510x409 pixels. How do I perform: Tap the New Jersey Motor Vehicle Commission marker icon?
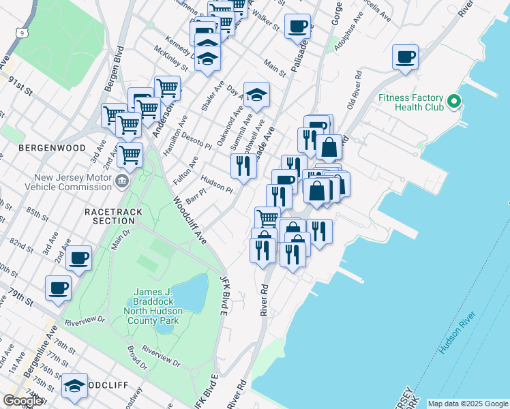tap(122, 181)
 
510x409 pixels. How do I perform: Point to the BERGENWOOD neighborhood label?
tap(52, 148)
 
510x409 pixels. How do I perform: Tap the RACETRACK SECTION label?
tap(114, 216)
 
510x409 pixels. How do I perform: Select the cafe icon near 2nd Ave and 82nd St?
tap(79, 258)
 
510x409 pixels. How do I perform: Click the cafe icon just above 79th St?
tap(59, 287)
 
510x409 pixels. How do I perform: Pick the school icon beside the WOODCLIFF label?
tap(74, 386)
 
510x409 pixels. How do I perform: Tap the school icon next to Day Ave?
tap(256, 95)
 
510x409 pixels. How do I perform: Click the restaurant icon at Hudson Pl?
tap(244, 165)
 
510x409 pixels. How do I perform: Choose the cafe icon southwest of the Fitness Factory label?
tap(405, 57)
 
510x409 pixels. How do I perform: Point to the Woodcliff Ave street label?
tap(189, 221)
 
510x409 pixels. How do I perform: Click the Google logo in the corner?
tap(22, 401)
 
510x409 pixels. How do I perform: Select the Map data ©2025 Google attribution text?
tap(467, 404)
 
